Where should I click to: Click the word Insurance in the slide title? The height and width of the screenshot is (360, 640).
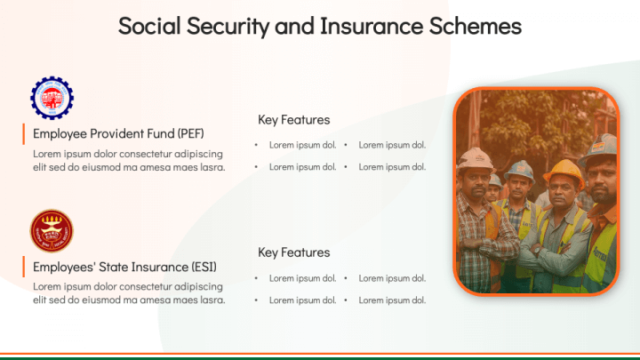pyautogui.click(x=372, y=26)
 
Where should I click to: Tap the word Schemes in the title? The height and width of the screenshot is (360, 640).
pyautogui.click(x=476, y=26)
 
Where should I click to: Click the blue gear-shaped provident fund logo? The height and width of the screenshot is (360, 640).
pyautogui.click(x=52, y=98)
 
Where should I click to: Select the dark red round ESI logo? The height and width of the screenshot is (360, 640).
pyautogui.click(x=52, y=231)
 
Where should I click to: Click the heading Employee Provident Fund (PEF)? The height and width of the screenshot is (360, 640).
pyautogui.click(x=118, y=134)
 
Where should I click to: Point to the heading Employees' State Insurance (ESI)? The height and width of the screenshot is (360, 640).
pyautogui.click(x=125, y=267)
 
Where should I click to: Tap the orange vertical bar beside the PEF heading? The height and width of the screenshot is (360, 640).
pyautogui.click(x=24, y=134)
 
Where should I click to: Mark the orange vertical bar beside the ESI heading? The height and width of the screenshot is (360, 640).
pyautogui.click(x=24, y=267)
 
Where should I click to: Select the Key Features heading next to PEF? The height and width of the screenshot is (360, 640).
pyautogui.click(x=294, y=120)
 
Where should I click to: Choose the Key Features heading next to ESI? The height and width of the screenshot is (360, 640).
pyautogui.click(x=294, y=252)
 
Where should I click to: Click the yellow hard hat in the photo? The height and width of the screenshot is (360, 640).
pyautogui.click(x=564, y=171)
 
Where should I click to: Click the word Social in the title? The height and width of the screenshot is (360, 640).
pyautogui.click(x=149, y=26)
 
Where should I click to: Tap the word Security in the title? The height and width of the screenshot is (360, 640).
pyautogui.click(x=228, y=26)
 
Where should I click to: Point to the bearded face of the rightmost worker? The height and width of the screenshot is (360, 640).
pyautogui.click(x=603, y=181)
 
